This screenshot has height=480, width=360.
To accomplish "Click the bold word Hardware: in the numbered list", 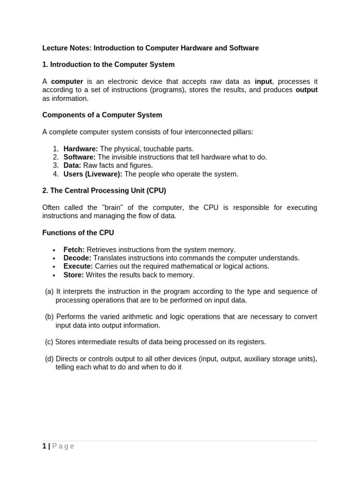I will point(81,149).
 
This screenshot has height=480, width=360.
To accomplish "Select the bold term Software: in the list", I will point(79,157).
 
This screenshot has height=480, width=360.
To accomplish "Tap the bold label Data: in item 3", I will point(72,165).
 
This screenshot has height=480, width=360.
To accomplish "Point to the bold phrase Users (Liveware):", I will point(93,174).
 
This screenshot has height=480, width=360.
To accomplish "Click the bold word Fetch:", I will point(74,250).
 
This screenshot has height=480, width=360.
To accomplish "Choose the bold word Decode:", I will point(77,258).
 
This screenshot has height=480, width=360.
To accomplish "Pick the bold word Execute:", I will point(78,266).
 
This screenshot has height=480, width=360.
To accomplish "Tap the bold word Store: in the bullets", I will point(74,275).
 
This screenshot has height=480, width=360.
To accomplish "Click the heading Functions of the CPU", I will point(78,232).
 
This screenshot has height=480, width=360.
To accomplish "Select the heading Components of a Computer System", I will point(102,115).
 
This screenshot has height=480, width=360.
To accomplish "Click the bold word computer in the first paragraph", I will point(67,82).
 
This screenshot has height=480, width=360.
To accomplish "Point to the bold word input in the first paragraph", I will point(263,82).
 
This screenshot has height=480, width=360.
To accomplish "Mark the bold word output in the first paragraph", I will point(307,90).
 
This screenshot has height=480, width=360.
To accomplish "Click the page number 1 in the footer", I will point(44,446).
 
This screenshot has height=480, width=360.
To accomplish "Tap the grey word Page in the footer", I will point(63,446).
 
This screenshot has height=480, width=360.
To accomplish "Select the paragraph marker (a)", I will point(49,292).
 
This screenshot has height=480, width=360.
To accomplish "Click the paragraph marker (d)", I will point(49,359).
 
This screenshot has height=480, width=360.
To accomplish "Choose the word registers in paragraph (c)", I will point(250,342).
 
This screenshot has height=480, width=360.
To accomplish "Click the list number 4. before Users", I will point(56,174).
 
